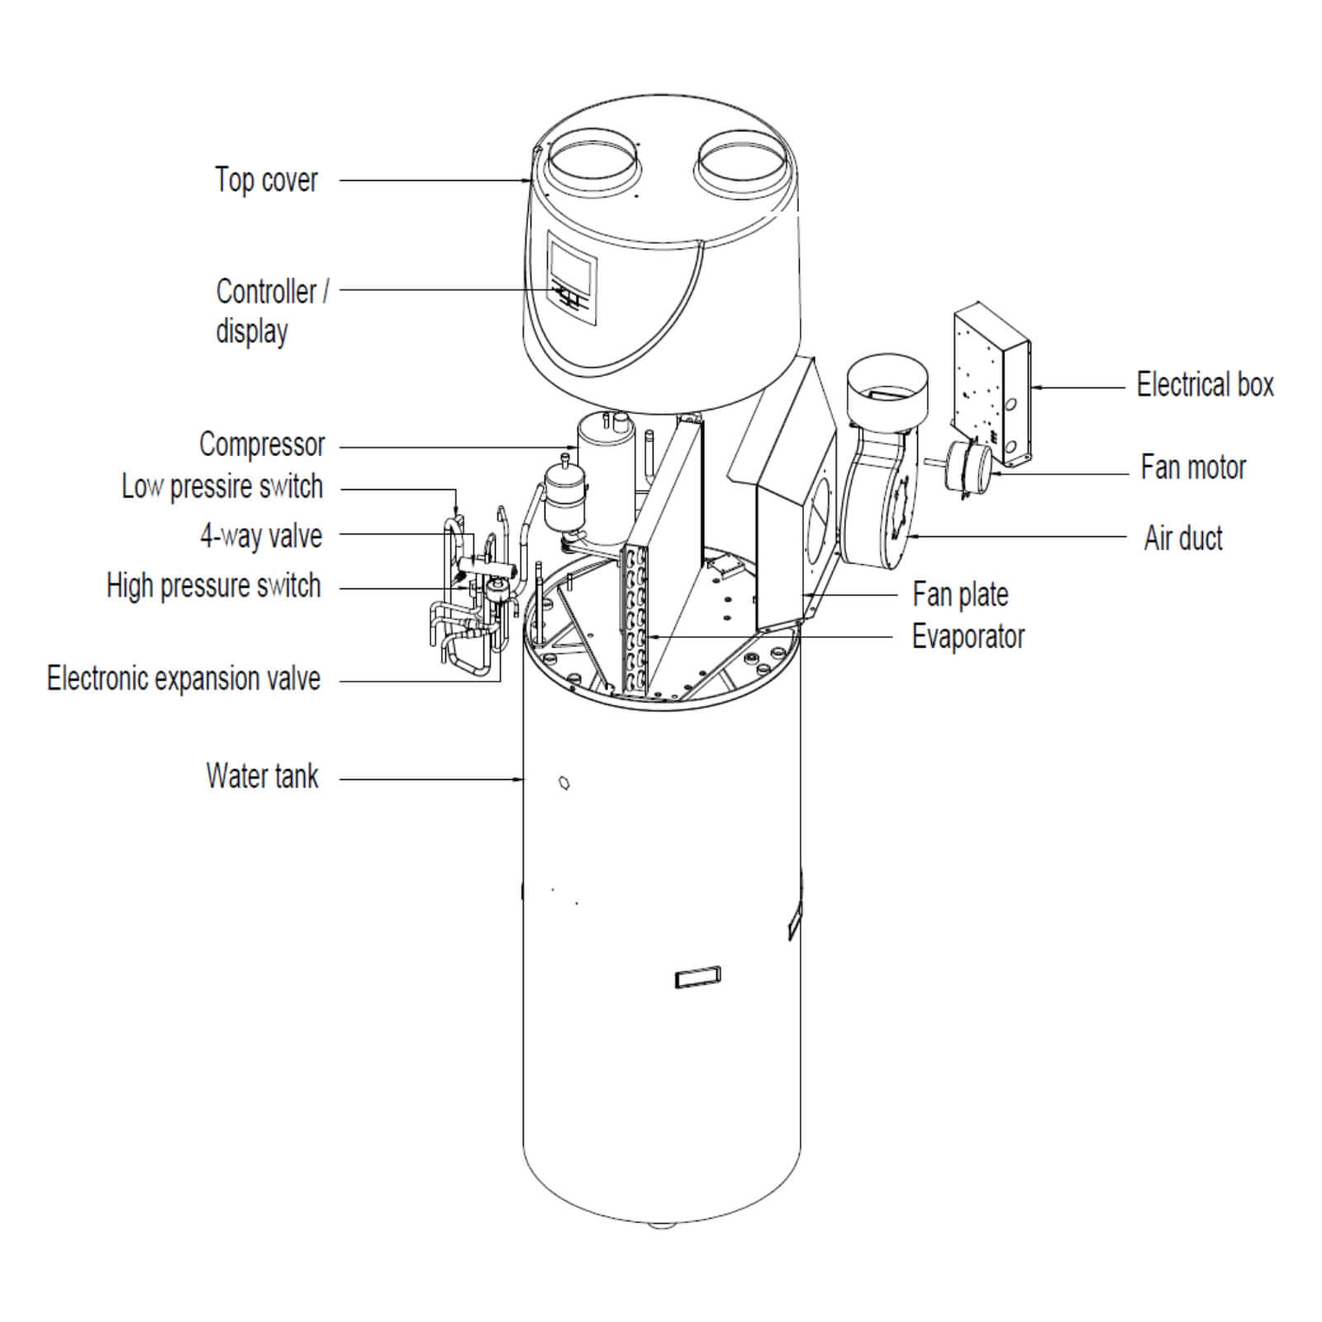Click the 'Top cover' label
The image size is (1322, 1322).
[x=266, y=180]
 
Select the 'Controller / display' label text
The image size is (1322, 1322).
[x=271, y=311]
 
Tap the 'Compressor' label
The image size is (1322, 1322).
[x=262, y=445]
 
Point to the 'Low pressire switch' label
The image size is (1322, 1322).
[x=221, y=487]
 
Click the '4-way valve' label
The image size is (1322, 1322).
[x=260, y=536]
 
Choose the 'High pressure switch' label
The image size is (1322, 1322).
[x=213, y=586]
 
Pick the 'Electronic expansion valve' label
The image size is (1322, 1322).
[x=183, y=678]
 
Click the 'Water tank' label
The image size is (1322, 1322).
[x=262, y=776]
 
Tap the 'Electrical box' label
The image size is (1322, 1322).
[x=1205, y=384]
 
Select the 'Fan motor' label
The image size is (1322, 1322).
[x=1192, y=468]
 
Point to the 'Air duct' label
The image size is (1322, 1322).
[x=1182, y=538]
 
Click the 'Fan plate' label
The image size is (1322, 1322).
[x=960, y=594]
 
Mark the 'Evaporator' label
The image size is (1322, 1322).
[x=968, y=637]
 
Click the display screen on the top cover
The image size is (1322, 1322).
[x=572, y=264]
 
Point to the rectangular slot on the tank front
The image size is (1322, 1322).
[x=697, y=977]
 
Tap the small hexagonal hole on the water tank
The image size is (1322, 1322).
[x=564, y=782]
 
